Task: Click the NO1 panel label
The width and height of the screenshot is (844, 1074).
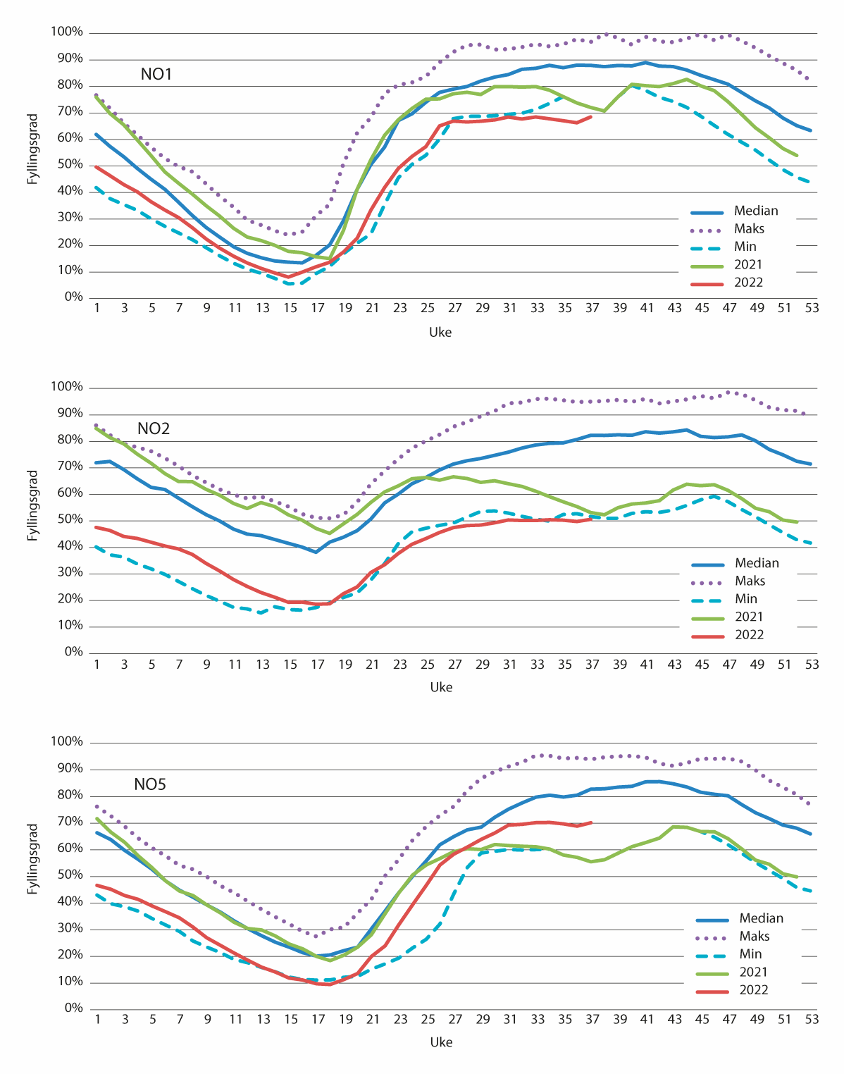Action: tap(156, 74)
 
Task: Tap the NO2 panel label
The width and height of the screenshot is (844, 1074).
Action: tap(154, 429)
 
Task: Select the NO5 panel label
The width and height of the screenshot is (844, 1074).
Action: tap(150, 784)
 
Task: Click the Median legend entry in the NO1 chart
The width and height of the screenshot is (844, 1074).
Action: tap(756, 211)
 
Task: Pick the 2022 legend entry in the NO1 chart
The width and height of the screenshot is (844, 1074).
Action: tap(748, 283)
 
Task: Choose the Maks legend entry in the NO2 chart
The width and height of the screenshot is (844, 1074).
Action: tap(750, 581)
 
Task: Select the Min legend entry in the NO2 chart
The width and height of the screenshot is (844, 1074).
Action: tap(746, 599)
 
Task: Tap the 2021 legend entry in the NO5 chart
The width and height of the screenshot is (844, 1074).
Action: tap(753, 973)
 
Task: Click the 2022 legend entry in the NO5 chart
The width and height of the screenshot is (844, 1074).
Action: tap(753, 990)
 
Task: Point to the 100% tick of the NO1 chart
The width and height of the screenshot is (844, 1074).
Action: tap(67, 32)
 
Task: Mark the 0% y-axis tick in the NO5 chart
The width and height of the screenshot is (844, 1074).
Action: tap(73, 1008)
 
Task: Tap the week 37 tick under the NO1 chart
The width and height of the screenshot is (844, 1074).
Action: tap(592, 308)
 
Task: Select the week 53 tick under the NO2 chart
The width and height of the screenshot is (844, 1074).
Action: tap(812, 664)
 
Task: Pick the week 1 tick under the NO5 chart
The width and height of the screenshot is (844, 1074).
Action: tap(97, 1019)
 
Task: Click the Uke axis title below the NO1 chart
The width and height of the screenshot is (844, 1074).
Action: tap(440, 332)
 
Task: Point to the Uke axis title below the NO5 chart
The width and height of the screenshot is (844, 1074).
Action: tap(441, 1042)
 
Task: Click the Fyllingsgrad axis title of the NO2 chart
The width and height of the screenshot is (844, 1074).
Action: tap(32, 506)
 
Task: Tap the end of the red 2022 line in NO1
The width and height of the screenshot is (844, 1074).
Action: tap(591, 117)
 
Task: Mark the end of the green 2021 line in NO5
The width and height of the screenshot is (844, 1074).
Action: tap(798, 877)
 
